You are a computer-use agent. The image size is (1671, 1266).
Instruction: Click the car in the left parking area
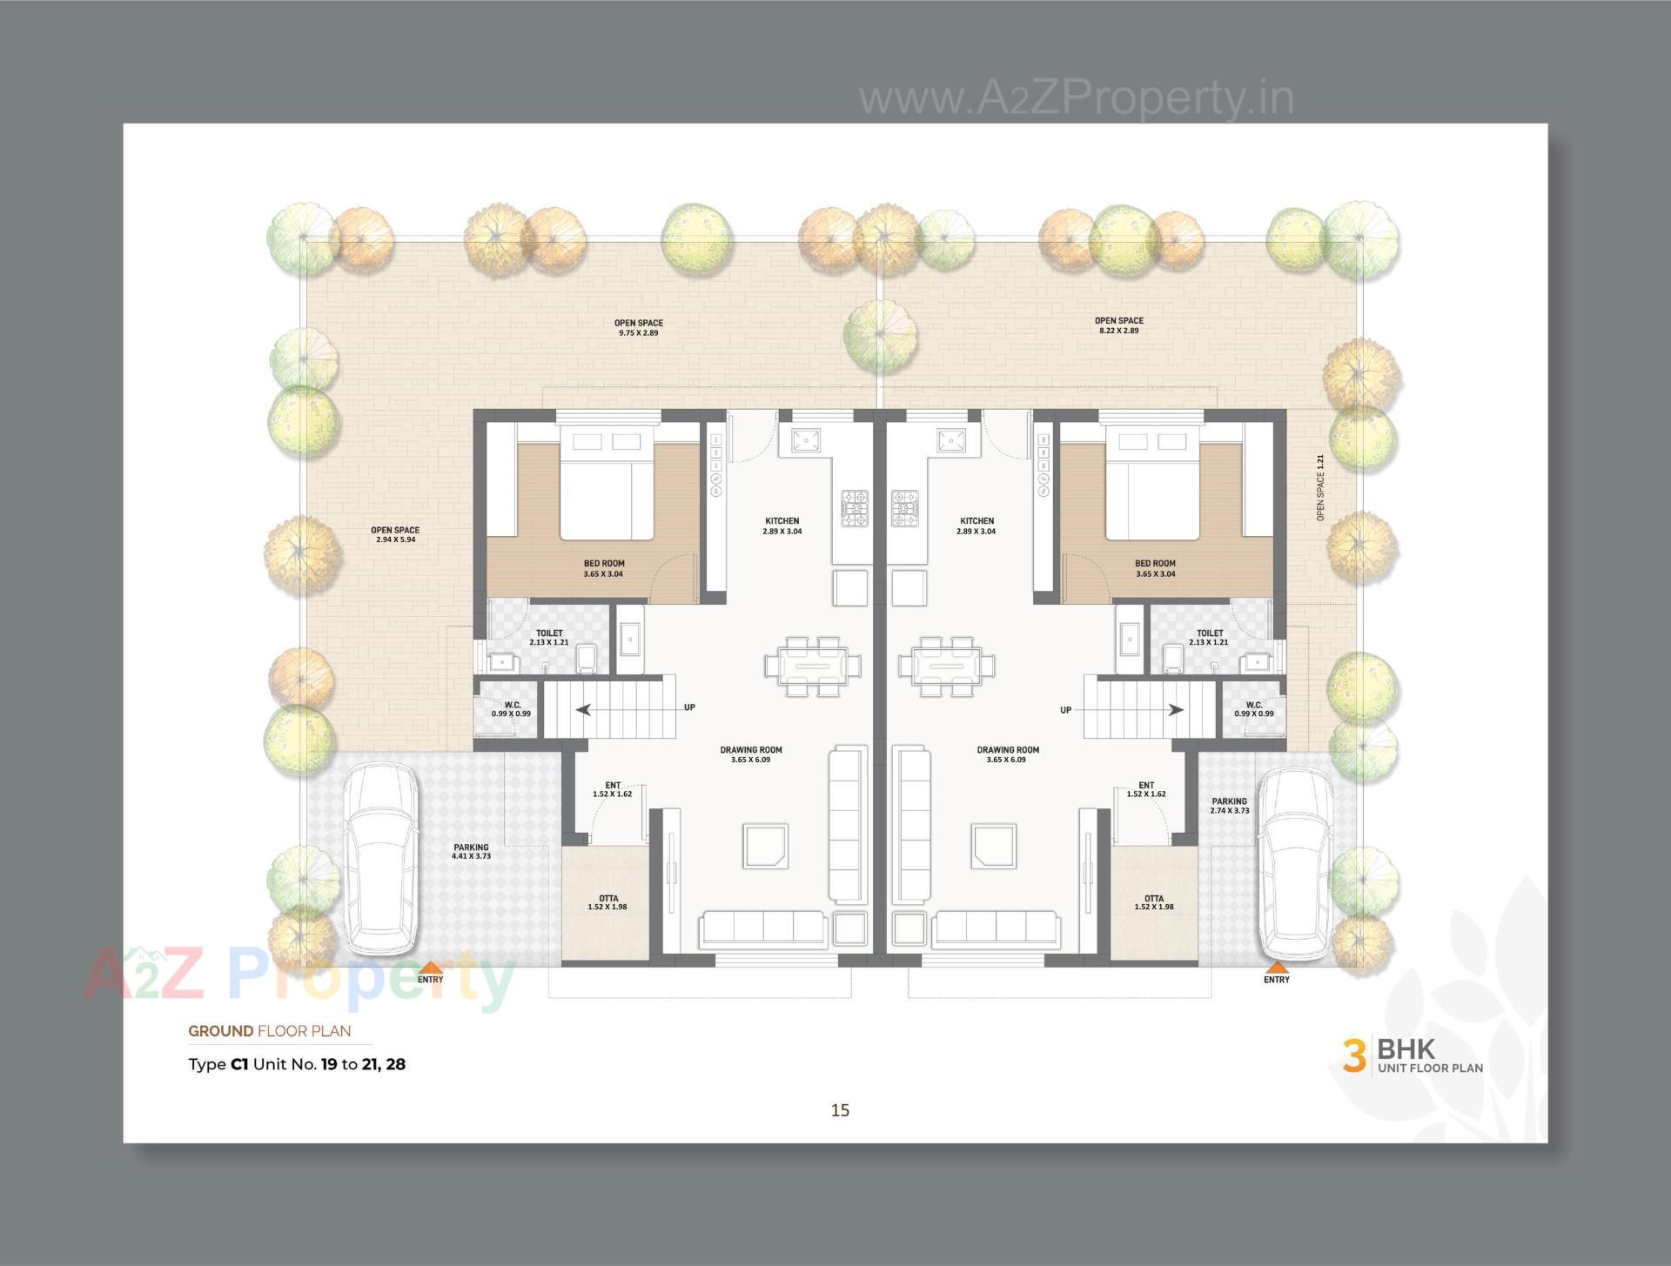click(x=379, y=859)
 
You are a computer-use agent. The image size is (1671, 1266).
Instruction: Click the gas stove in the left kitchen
click(x=854, y=508)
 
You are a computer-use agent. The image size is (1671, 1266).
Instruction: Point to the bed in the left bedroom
click(x=606, y=487)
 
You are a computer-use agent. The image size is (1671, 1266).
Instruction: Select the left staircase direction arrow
click(x=584, y=709)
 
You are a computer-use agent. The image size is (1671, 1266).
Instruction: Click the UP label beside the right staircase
click(x=1065, y=710)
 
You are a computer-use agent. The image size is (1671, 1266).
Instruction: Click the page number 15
click(x=840, y=1109)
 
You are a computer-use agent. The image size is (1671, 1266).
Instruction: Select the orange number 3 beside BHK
click(x=1353, y=1055)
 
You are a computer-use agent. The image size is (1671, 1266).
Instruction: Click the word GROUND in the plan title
click(x=220, y=1031)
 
